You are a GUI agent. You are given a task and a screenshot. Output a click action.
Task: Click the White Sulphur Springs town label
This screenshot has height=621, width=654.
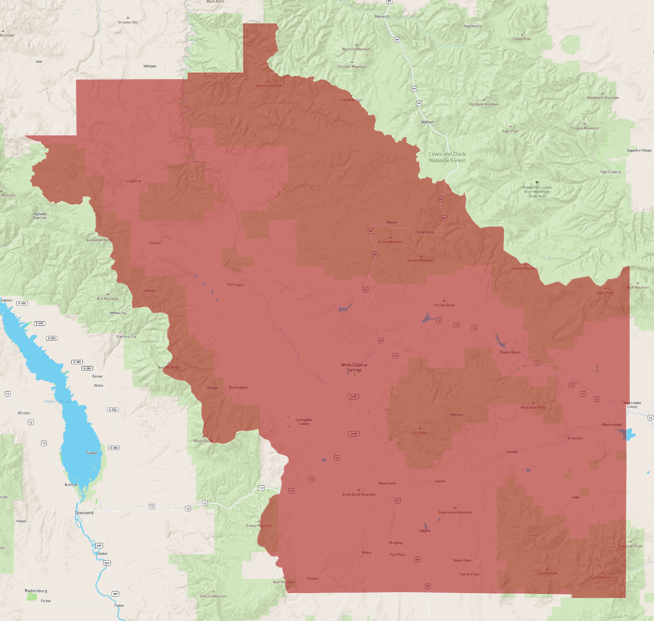[x=354, y=367]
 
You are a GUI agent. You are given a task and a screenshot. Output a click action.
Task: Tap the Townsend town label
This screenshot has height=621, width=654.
[x=84, y=513]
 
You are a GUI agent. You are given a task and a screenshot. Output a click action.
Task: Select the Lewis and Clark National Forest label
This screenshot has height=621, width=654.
[x=447, y=157]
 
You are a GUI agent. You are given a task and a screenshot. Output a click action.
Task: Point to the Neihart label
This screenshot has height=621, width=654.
[x=427, y=122]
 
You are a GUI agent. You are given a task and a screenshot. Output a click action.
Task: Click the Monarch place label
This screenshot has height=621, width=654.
[x=382, y=16]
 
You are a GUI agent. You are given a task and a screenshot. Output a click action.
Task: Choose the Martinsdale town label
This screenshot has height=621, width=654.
[x=611, y=424]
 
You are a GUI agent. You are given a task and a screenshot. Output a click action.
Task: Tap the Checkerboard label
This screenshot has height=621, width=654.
[x=510, y=352]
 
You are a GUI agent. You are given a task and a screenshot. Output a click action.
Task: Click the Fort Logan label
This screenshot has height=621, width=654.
[x=236, y=285]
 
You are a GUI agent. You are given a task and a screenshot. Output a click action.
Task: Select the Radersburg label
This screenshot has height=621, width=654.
[x=36, y=591]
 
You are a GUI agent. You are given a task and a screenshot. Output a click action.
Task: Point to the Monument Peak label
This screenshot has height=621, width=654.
[x=269, y=86]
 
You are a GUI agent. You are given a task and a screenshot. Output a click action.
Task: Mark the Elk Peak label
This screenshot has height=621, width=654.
[x=419, y=433]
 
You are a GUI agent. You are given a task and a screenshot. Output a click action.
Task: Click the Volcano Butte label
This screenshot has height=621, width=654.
[x=444, y=305]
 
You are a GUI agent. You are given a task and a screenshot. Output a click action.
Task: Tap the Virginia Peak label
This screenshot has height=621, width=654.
[x=547, y=573]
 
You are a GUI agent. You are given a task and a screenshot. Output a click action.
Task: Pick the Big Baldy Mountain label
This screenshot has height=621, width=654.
[x=484, y=104]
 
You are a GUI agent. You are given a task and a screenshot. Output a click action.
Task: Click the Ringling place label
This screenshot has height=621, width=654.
[x=396, y=543]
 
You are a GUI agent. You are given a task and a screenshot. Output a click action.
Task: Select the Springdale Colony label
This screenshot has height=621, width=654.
[x=304, y=422]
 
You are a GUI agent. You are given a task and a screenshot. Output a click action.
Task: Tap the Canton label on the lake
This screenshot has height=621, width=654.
[x=92, y=453]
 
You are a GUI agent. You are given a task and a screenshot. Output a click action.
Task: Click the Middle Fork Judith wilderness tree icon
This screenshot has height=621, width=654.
[x=537, y=182]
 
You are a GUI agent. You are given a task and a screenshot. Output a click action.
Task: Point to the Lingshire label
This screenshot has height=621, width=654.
[x=133, y=181]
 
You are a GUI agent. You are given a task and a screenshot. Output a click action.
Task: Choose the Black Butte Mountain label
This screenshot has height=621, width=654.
[x=359, y=494]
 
